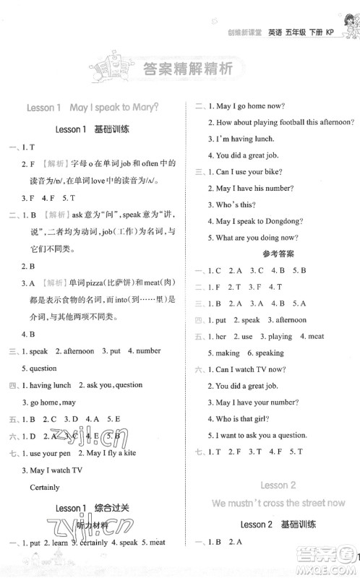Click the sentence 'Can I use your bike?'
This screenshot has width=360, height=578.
[x=250, y=172]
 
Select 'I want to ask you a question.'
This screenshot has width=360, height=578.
[x=264, y=436]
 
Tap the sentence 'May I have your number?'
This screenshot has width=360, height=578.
[x=257, y=402]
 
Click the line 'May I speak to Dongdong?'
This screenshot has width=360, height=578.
[x=258, y=222]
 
